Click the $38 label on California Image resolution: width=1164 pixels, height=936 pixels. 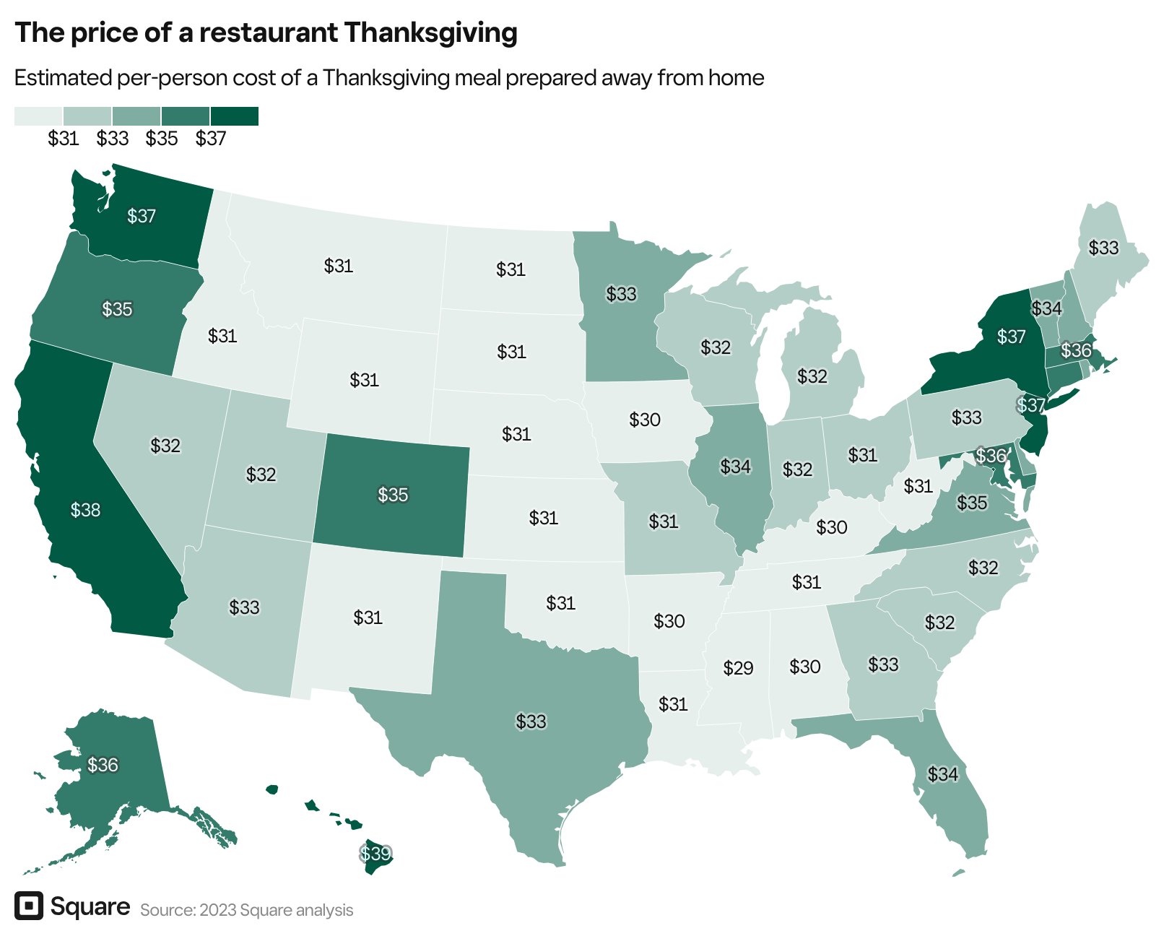click(x=85, y=511)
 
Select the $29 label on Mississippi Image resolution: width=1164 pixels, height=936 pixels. click(x=738, y=668)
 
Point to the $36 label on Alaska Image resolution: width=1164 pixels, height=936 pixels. click(x=103, y=765)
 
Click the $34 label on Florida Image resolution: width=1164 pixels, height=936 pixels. click(x=942, y=774)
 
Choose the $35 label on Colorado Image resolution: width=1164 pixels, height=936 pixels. click(x=393, y=495)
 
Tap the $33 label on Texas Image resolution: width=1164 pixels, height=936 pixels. click(x=531, y=721)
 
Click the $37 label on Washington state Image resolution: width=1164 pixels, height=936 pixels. click(x=142, y=216)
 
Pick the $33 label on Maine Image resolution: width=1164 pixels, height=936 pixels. click(x=1103, y=248)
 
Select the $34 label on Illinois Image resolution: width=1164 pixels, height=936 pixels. click(x=735, y=467)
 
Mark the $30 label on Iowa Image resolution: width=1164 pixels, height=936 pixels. click(x=644, y=420)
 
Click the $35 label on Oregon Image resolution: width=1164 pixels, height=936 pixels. click(x=117, y=309)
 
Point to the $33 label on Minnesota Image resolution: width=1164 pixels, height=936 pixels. click(x=621, y=294)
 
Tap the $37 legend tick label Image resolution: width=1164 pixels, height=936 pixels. click(x=211, y=139)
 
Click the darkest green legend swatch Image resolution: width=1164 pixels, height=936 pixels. click(x=235, y=116)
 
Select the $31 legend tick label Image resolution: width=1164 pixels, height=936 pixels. click(x=64, y=139)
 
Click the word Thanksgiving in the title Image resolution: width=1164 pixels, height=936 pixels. click(x=430, y=33)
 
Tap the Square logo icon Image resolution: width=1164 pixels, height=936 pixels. click(x=29, y=906)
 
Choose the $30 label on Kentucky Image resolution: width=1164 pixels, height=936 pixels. click(x=831, y=527)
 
